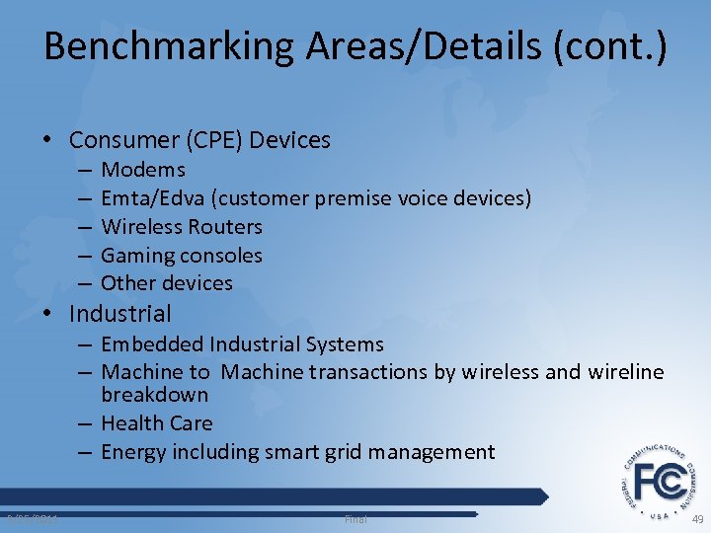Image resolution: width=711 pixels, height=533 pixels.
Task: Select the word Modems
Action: pyautogui.click(x=143, y=170)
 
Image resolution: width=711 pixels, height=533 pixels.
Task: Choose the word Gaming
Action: pyautogui.click(x=137, y=256)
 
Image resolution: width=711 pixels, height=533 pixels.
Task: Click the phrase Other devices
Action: pyautogui.click(x=166, y=283)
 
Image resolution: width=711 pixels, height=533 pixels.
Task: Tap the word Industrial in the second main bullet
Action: pyautogui.click(x=119, y=314)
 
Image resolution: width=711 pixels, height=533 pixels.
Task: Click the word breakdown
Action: pyautogui.click(x=154, y=395)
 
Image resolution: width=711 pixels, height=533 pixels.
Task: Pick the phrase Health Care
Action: pyautogui.click(x=156, y=423)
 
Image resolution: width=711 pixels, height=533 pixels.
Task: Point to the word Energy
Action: pyautogui.click(x=133, y=452)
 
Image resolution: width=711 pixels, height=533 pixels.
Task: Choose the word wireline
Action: pyautogui.click(x=626, y=372)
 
